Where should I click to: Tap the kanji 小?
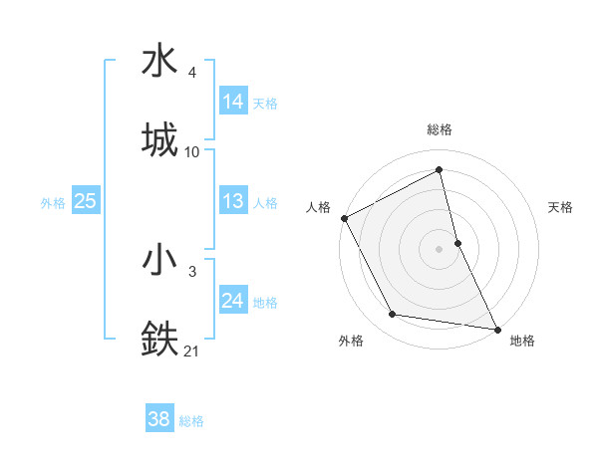(x=160, y=259)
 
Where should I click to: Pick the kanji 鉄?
(x=160, y=336)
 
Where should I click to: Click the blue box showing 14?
(x=233, y=102)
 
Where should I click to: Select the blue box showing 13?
(x=233, y=201)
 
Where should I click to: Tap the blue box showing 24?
(x=233, y=301)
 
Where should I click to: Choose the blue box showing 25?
(x=85, y=201)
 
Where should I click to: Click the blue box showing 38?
(x=159, y=419)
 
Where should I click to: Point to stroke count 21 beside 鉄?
(x=192, y=351)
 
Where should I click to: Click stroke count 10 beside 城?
(x=192, y=152)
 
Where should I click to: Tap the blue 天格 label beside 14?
(x=265, y=104)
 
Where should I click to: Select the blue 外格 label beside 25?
(x=53, y=203)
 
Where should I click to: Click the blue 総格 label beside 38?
(x=191, y=421)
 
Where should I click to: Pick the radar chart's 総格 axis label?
(x=440, y=129)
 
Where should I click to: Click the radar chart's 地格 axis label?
(x=522, y=342)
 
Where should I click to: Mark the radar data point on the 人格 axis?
(x=344, y=218)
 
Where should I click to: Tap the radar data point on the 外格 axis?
(x=393, y=315)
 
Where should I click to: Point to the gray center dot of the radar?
(x=440, y=249)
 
